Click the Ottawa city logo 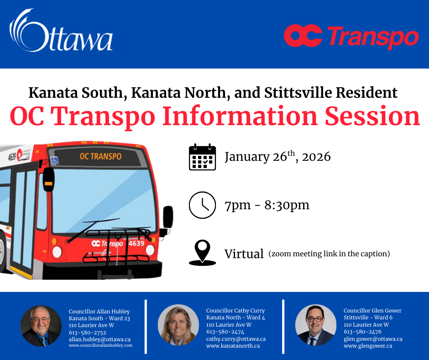click(61, 31)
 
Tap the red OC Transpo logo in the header click(351, 37)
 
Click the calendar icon click(203, 157)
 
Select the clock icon click(203, 205)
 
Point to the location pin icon click(203, 253)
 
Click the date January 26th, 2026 click(277, 157)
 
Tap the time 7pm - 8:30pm click(267, 205)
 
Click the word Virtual click(244, 254)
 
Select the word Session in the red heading click(372, 116)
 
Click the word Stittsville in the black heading click(298, 93)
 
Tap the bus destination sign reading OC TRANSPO click(100, 156)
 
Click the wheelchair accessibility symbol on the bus click(55, 160)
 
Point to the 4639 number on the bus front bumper click(136, 244)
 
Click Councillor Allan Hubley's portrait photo click(41, 326)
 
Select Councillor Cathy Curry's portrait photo click(178, 325)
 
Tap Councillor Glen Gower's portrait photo click(316, 325)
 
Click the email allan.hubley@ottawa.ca click(99, 339)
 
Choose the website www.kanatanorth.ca click(233, 346)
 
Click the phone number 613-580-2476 click(362, 332)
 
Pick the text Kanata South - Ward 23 click(99, 318)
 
